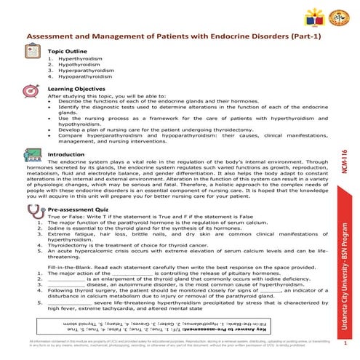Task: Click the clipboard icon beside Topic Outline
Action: (x=32, y=52)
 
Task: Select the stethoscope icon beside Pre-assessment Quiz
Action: (x=32, y=211)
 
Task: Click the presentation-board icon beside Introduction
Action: (x=32, y=159)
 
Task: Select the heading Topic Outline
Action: (x=68, y=52)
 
